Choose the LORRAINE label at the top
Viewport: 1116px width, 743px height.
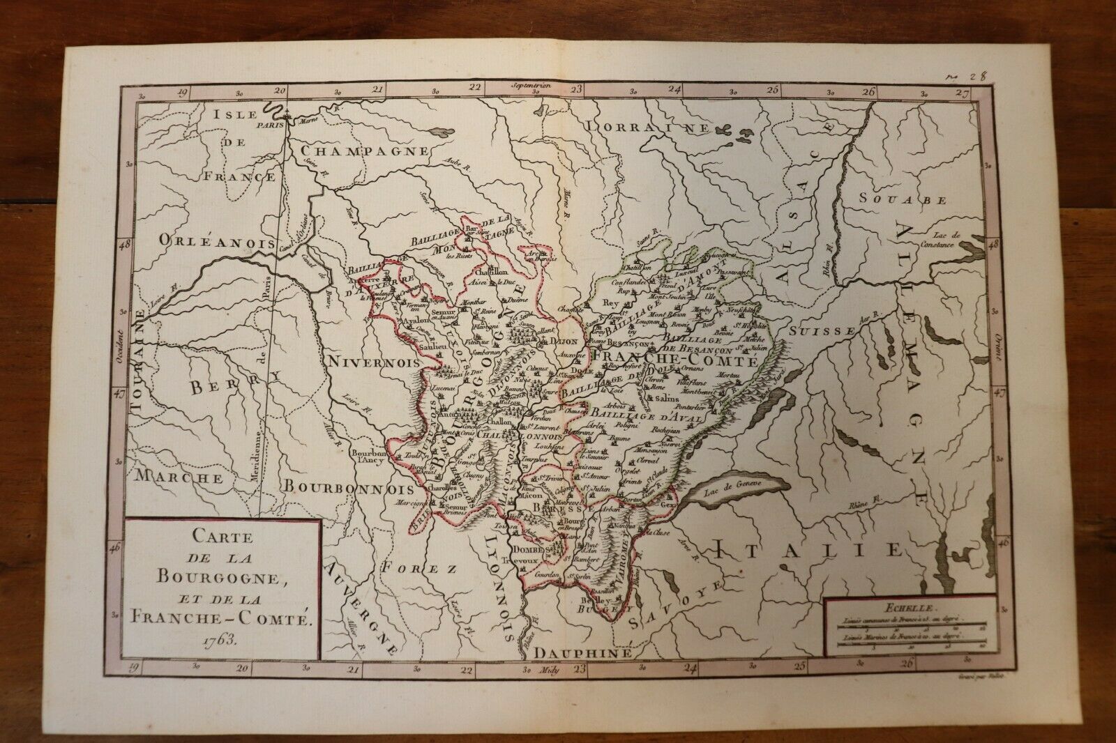[647, 128]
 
